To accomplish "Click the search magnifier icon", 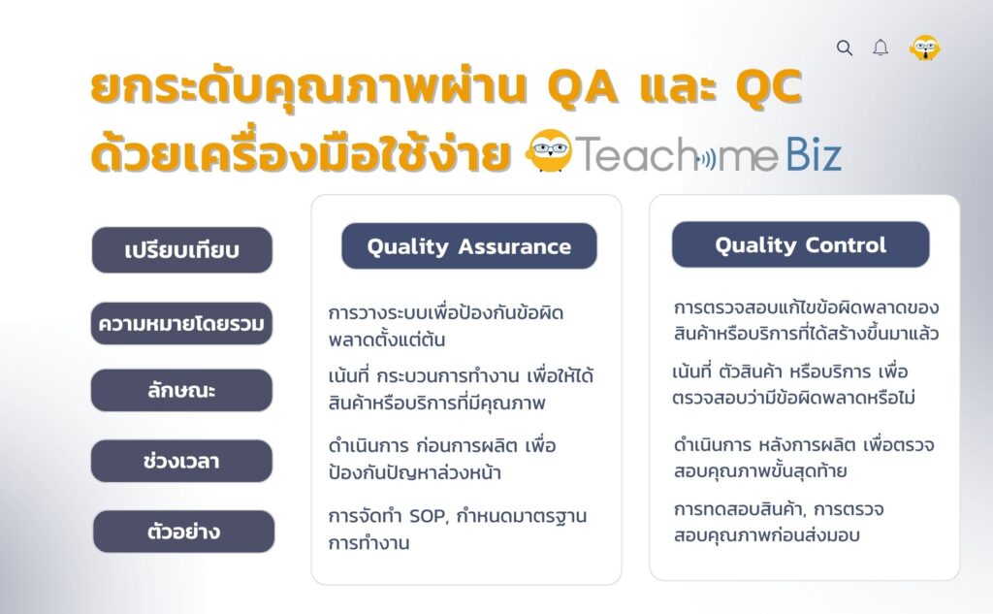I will tap(844, 48).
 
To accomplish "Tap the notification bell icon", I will tap(881, 48).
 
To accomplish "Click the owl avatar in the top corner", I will tap(924, 48).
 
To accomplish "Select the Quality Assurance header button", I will tap(468, 246).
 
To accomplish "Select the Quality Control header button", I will tap(800, 245).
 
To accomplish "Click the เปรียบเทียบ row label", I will tap(181, 250).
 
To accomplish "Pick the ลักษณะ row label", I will tap(181, 390).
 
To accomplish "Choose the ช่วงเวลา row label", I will tap(181, 461).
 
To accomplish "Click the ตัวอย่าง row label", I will tap(183, 532).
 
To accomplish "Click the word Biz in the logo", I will tap(814, 154).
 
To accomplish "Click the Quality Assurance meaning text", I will tap(446, 327).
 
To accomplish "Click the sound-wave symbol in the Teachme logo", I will tap(709, 156).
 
